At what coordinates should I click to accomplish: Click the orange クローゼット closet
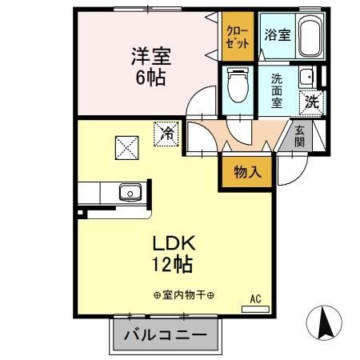click(238, 37)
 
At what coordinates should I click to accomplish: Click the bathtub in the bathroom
click(310, 37)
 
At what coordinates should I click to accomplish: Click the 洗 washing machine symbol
click(313, 101)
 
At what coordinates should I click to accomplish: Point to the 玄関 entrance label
click(298, 136)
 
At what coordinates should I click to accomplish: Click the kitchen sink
click(128, 191)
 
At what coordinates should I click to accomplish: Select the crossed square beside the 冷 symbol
click(127, 147)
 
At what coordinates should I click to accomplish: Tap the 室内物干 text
click(183, 295)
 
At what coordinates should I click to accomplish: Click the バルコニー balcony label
click(165, 334)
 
